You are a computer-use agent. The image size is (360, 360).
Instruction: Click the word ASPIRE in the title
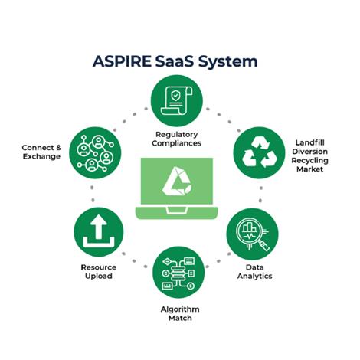click(x=122, y=61)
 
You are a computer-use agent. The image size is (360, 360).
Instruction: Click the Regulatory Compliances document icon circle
click(x=177, y=101)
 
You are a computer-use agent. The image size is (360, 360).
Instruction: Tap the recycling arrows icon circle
click(x=260, y=152)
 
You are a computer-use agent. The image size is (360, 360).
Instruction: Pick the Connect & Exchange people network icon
click(x=95, y=152)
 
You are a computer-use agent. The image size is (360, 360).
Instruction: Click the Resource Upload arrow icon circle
click(x=99, y=233)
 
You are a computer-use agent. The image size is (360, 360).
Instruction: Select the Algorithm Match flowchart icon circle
click(x=178, y=272)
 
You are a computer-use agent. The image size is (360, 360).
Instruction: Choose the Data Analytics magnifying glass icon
click(x=252, y=234)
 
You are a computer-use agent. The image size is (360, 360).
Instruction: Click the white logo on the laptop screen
click(x=177, y=181)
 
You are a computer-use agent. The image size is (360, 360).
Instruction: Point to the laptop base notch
click(x=177, y=211)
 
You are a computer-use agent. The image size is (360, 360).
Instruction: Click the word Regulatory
click(x=177, y=135)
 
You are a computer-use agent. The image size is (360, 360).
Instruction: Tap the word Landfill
click(x=310, y=142)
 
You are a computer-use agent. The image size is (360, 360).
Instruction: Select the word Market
click(x=310, y=169)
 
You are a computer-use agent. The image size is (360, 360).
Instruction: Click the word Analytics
click(x=254, y=277)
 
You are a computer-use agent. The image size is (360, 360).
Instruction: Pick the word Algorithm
click(x=180, y=309)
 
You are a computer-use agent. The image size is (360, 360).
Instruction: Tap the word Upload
click(x=99, y=277)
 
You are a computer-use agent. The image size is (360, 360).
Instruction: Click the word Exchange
click(x=41, y=156)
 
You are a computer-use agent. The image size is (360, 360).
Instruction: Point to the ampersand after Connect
click(x=58, y=148)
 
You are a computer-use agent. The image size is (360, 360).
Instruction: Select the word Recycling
click(x=310, y=161)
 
